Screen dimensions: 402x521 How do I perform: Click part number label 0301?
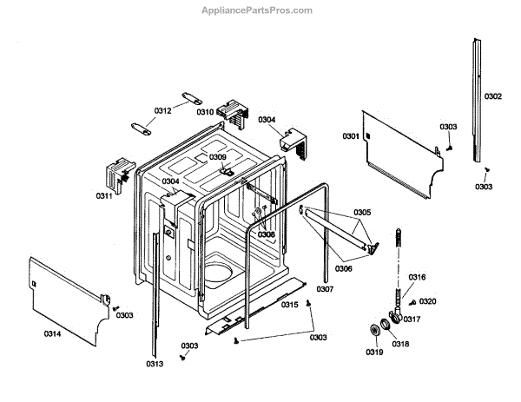(351, 137)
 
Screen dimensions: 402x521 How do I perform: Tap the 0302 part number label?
(492, 96)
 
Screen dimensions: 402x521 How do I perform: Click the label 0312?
(163, 111)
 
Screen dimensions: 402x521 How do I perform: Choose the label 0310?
(205, 112)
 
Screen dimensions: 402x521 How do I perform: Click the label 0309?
(217, 157)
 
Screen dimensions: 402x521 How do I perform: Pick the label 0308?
(266, 234)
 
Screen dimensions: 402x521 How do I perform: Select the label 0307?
(326, 289)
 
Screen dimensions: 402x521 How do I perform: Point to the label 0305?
(362, 213)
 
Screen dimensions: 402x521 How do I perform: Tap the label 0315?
(290, 304)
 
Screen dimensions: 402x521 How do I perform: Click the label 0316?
(417, 277)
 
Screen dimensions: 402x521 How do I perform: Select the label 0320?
(428, 301)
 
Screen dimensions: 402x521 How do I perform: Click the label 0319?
(373, 353)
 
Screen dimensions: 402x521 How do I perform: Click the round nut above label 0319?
(377, 332)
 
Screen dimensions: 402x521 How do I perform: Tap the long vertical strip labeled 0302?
(477, 100)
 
